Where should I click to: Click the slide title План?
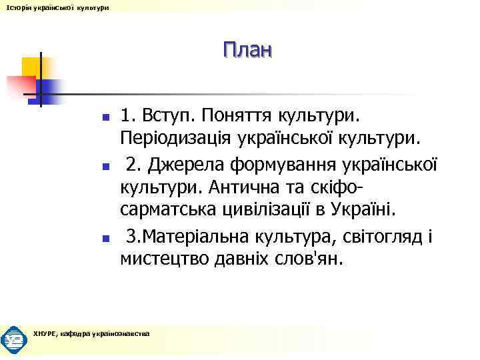pos(248,50)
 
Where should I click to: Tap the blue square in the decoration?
pos(51,90)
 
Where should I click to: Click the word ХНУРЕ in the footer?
pos(45,333)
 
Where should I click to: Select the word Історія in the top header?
pos(15,7)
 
